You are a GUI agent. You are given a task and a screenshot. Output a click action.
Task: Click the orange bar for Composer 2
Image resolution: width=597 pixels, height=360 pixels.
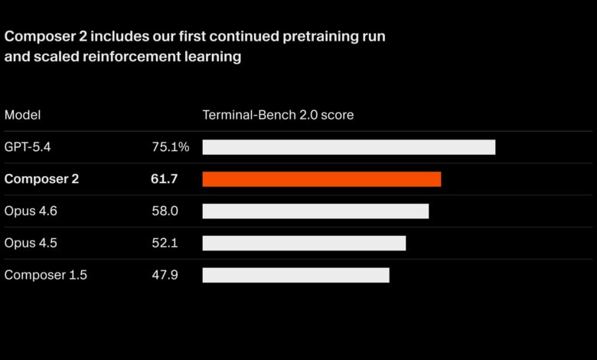point(321,179)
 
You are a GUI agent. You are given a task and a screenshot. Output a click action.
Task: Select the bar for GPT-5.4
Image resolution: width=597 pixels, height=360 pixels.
point(349,147)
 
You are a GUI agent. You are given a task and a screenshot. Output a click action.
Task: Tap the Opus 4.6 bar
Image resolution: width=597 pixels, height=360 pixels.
point(315,211)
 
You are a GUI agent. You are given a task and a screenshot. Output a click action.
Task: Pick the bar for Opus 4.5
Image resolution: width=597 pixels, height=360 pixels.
point(304,243)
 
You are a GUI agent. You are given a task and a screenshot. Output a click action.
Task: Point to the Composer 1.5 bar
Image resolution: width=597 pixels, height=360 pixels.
point(295,275)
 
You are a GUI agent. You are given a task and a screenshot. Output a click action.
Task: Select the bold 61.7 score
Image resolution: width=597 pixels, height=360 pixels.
point(165,179)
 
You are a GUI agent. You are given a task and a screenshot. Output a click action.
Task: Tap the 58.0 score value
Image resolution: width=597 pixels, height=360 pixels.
point(165,211)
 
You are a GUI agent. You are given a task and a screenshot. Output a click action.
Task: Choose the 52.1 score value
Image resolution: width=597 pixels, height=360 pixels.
point(165,243)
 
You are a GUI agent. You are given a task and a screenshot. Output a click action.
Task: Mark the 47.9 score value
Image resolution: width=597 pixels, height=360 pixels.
point(165,275)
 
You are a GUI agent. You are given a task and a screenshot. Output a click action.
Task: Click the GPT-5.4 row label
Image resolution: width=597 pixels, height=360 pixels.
point(28,147)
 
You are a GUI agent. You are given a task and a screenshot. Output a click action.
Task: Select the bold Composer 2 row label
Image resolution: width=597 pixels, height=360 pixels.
point(41,179)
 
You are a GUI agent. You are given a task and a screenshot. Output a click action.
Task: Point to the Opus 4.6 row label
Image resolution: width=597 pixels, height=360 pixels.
point(31,211)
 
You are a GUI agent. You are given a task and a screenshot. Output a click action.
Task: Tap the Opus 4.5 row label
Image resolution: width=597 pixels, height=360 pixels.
point(31,243)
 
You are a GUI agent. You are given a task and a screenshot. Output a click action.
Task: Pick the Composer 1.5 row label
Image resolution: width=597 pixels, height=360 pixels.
point(46,275)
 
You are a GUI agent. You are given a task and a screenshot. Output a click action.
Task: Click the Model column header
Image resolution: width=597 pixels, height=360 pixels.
point(22,115)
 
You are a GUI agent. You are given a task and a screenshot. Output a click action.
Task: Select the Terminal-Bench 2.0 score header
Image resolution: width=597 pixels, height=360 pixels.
point(278,115)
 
